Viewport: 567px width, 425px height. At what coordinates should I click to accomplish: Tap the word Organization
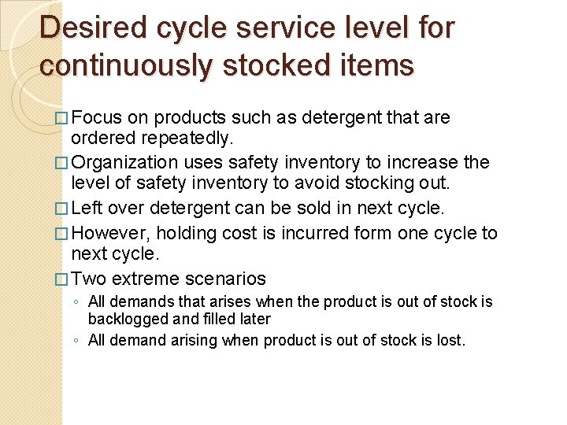pyautogui.click(x=127, y=163)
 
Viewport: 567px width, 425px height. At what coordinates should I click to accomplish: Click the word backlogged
pyautogui.click(x=124, y=319)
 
